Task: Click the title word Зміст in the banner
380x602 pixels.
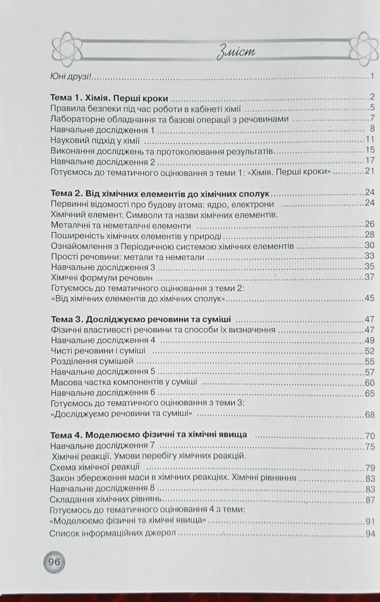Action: tap(236, 51)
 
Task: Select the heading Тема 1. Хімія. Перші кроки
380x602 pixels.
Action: tap(109, 99)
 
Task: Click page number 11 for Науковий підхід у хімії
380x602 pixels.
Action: tap(369, 140)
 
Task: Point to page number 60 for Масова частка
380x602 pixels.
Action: tap(369, 382)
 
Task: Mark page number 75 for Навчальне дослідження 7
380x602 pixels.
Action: tap(369, 446)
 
